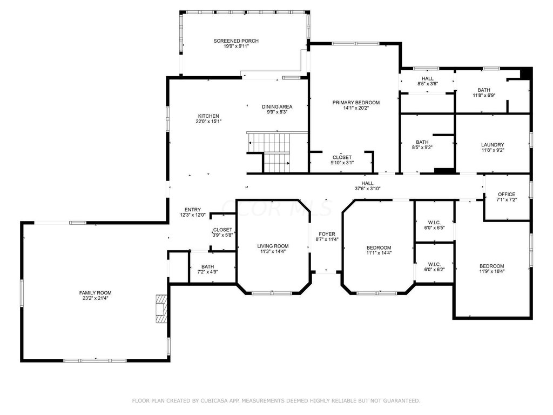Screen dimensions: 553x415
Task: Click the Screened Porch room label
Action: (x=236, y=41)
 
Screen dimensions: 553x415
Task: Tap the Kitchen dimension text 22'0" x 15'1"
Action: (x=208, y=122)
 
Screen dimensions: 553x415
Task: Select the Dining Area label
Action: (x=277, y=106)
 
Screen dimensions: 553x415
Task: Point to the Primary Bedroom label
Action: (x=356, y=103)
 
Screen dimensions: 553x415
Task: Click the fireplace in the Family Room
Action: (x=161, y=309)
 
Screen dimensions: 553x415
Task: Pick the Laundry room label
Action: (x=493, y=145)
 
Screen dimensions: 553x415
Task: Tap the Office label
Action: (x=507, y=194)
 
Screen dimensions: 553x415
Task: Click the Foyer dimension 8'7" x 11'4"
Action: (x=327, y=239)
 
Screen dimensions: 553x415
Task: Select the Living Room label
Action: (x=273, y=246)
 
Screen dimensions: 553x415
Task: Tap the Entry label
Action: (x=193, y=210)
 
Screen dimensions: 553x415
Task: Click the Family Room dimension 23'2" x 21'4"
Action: (x=95, y=298)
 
